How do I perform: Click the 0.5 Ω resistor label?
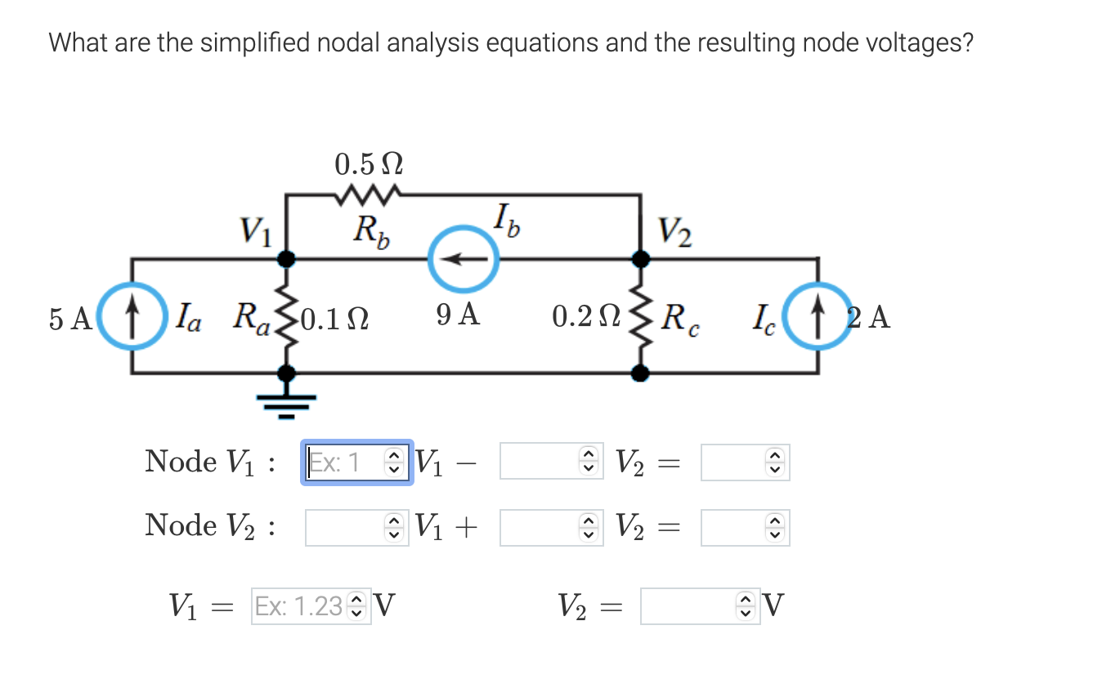(x=369, y=164)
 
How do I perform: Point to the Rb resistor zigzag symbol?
(x=367, y=195)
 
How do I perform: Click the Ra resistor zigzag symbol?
(x=286, y=315)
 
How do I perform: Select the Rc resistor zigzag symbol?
(x=643, y=315)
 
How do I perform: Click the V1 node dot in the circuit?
(x=286, y=259)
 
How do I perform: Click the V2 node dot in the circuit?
(x=643, y=259)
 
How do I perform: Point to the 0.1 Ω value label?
(x=335, y=316)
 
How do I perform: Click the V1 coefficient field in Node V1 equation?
(x=347, y=463)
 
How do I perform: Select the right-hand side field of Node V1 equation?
(x=735, y=463)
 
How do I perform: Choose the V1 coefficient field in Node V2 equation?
(x=347, y=528)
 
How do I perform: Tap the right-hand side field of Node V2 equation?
(x=735, y=528)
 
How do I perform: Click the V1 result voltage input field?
(x=301, y=606)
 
